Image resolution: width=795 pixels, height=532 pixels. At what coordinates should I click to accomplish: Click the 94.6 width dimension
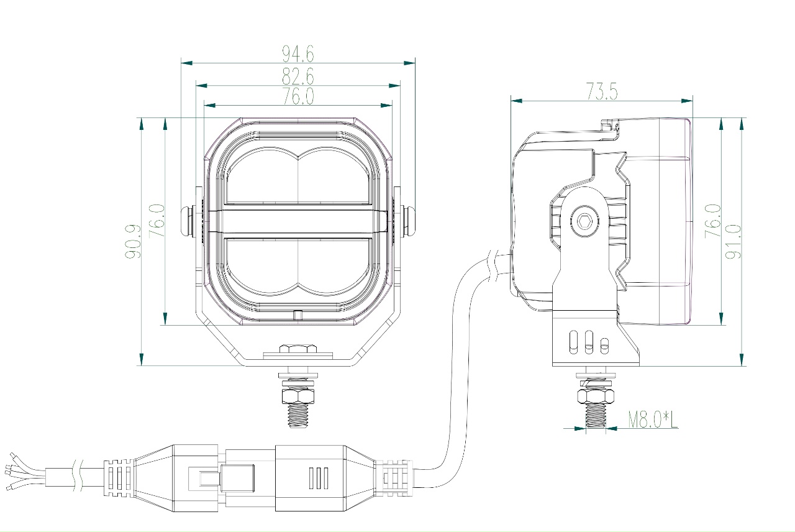tap(298, 53)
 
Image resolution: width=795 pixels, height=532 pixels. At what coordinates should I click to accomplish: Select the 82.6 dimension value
tap(298, 76)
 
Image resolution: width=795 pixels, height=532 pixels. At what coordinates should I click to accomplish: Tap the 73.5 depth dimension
tap(602, 91)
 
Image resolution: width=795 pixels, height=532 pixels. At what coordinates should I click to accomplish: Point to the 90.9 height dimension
tap(133, 241)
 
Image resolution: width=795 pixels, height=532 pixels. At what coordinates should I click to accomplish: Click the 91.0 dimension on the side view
tap(734, 241)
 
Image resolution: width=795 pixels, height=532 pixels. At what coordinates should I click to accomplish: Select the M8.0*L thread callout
tap(653, 420)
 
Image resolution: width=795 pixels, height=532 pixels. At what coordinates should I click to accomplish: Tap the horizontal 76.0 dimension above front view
tap(298, 96)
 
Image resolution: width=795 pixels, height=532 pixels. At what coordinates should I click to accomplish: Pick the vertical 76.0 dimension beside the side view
tap(713, 221)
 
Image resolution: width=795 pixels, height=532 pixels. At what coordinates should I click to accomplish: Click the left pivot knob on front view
tap(188, 221)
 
